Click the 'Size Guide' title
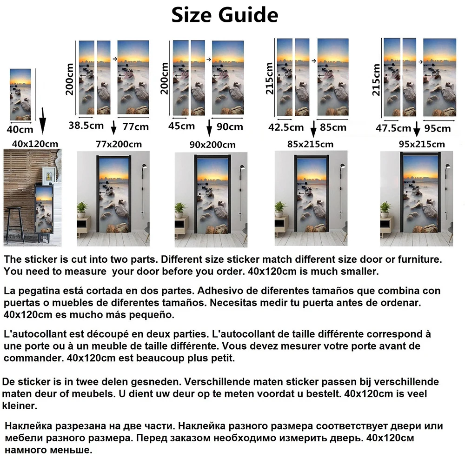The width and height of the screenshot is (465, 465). tap(225, 15)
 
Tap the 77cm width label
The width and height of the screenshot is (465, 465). tap(135, 126)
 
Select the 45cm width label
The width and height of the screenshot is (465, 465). tap(181, 126)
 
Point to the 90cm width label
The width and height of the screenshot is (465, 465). tap(230, 126)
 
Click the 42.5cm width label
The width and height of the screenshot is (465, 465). tap(286, 127)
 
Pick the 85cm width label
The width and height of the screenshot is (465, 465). tap(333, 127)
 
